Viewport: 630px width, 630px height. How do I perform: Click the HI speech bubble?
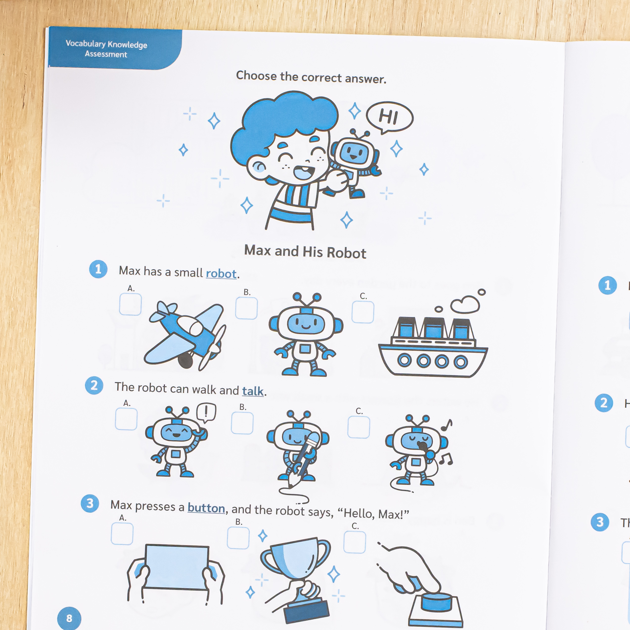pyautogui.click(x=389, y=117)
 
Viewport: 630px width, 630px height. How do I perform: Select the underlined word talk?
pyautogui.click(x=253, y=391)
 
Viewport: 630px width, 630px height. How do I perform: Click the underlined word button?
pyautogui.click(x=206, y=508)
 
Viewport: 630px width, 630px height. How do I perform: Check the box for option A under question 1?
pyautogui.click(x=131, y=304)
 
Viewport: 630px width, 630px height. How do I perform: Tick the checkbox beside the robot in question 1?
pyautogui.click(x=247, y=308)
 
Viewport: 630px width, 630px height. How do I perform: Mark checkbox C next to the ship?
pyautogui.click(x=363, y=312)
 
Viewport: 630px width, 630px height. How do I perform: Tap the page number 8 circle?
pyautogui.click(x=69, y=618)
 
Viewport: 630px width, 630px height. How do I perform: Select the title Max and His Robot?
pyautogui.click(x=305, y=252)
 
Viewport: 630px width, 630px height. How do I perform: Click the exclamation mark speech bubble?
pyautogui.click(x=206, y=413)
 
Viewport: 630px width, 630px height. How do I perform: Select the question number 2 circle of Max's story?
pyautogui.click(x=94, y=385)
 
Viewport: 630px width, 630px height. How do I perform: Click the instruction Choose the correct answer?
pyautogui.click(x=311, y=77)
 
